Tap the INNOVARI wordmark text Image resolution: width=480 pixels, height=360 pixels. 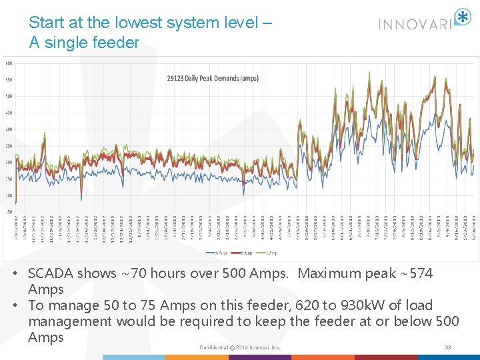coord(415,24)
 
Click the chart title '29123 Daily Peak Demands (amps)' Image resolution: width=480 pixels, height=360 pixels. coord(213,78)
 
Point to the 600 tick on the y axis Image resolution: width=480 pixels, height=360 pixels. coord(9,63)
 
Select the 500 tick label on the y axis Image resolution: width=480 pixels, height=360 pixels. coord(9,96)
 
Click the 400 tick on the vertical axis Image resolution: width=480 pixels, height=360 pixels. coord(9,129)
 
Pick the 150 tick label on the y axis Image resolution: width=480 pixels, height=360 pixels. coord(9,212)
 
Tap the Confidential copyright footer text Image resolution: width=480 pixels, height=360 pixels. coord(239,347)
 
